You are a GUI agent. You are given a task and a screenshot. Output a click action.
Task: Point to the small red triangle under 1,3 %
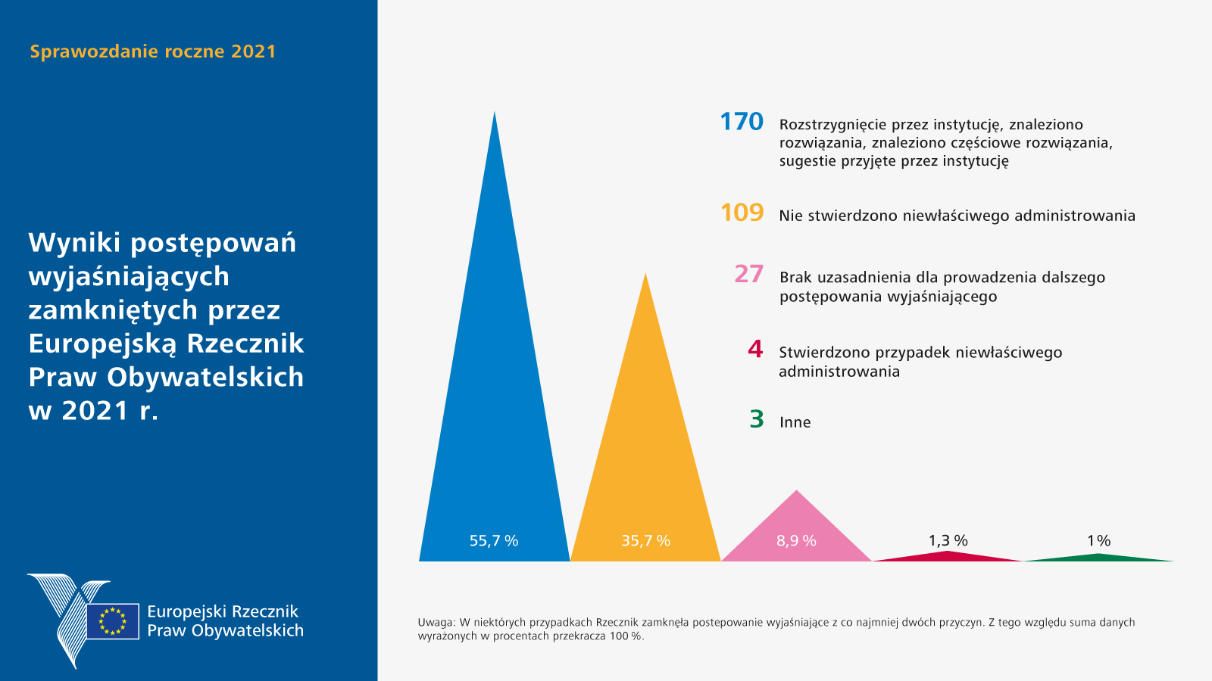948,556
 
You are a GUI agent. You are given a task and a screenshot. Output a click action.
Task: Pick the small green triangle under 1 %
1098,558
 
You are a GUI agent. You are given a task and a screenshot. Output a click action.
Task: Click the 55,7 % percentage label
494,540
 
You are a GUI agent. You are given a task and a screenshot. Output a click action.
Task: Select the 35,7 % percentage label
645,540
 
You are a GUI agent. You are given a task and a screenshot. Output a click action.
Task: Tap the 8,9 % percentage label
796,540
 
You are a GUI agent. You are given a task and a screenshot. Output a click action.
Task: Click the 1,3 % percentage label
948,540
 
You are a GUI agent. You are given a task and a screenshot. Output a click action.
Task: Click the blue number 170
742,122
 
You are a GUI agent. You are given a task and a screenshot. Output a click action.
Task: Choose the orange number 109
742,213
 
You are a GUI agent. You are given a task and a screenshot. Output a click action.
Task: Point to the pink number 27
748,274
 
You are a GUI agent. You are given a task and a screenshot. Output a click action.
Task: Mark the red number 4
755,349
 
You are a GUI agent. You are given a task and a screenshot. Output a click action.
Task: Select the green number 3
756,419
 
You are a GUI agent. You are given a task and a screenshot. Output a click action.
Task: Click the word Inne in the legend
795,422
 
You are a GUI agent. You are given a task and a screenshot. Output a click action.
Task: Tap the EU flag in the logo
112,621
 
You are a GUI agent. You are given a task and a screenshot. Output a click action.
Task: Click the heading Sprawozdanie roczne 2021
153,51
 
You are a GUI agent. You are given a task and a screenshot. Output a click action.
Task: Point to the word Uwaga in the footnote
436,623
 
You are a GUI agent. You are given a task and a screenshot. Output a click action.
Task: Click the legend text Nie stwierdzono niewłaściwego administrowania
957,216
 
